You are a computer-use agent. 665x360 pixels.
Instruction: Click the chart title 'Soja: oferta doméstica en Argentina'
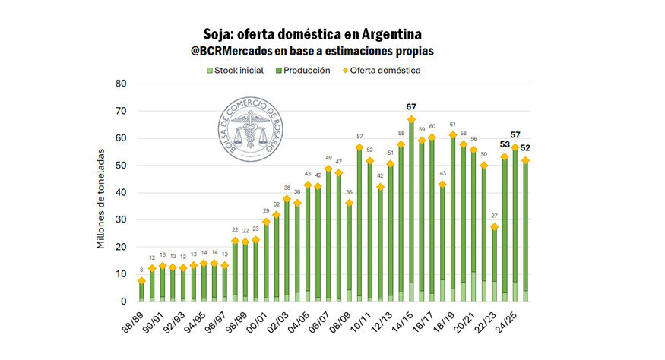click(312, 34)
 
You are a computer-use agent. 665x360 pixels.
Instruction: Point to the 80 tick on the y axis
click(119, 84)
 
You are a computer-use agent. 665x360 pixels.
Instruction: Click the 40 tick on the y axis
click(119, 193)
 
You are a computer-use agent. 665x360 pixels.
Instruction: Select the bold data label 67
click(411, 107)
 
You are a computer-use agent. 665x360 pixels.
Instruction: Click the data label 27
click(495, 216)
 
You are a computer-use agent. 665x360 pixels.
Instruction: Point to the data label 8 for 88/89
click(141, 270)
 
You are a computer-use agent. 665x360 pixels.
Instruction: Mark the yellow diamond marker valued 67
click(411, 119)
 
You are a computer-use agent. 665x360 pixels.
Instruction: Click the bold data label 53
click(505, 145)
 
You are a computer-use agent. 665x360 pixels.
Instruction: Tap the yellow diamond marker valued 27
click(495, 227)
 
